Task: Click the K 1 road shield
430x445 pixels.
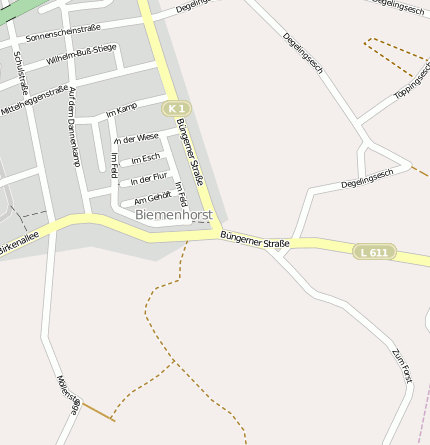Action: tap(176, 108)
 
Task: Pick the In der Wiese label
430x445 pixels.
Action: tap(136, 138)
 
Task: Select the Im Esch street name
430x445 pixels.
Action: tap(145, 158)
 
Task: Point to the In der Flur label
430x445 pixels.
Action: tap(148, 178)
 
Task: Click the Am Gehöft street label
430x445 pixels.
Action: tap(152, 196)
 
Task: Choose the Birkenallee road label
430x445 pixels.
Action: tap(19, 243)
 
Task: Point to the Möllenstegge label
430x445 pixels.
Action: tap(68, 396)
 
